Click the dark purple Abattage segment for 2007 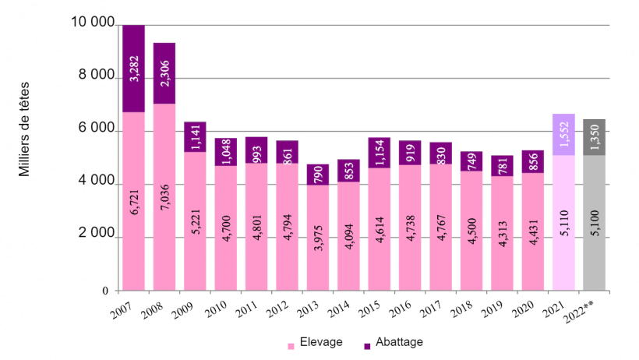coord(133,69)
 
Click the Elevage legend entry coord(316,342)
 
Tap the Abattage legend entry coord(394,342)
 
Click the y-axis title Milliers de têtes coord(24,129)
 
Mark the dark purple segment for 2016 coord(410,153)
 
